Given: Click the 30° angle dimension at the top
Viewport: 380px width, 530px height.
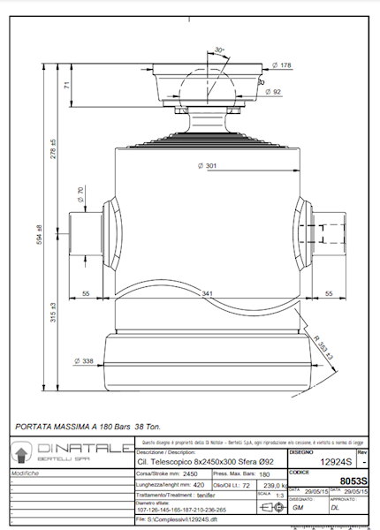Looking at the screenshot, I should click(x=219, y=50).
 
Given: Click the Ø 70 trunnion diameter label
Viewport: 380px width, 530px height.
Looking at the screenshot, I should click(x=80, y=194).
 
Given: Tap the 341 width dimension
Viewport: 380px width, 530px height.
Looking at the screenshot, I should click(x=206, y=292).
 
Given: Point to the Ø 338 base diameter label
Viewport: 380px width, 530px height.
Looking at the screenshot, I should click(x=85, y=360).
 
